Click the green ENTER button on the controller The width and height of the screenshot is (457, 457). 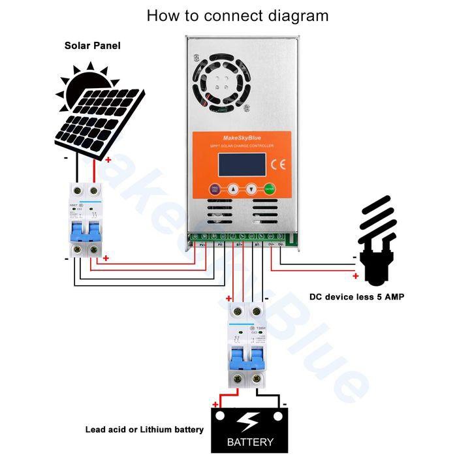click(270, 190)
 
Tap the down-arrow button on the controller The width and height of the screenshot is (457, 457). click(251, 190)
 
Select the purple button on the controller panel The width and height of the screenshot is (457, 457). click(214, 190)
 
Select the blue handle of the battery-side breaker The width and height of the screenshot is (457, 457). click(247, 359)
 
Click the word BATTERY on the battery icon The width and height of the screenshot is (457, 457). click(249, 442)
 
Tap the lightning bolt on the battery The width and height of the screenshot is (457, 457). click(249, 419)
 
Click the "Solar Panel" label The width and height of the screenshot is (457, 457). click(92, 46)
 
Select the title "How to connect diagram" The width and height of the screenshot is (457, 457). click(237, 15)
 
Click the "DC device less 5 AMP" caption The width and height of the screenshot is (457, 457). click(356, 297)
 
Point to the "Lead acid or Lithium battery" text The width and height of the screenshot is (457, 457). click(144, 430)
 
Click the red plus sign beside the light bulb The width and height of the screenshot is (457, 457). click(355, 276)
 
